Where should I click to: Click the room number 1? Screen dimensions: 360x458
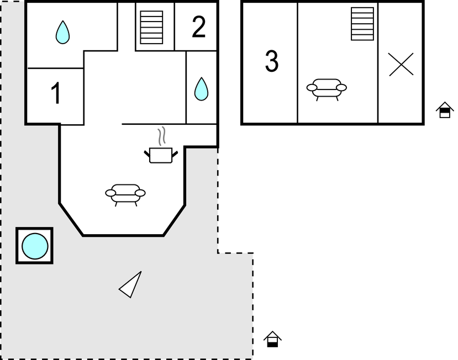[x=56, y=94]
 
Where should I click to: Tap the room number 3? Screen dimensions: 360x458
[x=271, y=62]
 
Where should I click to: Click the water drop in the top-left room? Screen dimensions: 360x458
[x=63, y=33]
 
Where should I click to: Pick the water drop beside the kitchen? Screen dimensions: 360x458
[x=202, y=89]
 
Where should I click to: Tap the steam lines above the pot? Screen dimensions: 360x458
[x=161, y=136]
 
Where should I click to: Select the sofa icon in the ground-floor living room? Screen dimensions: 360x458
[x=125, y=193]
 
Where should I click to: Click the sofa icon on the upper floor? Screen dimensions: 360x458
[x=327, y=88]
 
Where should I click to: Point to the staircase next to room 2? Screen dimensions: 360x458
[x=151, y=27]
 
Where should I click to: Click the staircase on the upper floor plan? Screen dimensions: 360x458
[x=362, y=24]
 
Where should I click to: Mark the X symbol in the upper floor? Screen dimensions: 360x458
[x=401, y=64]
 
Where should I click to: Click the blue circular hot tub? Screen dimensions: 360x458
[x=34, y=246]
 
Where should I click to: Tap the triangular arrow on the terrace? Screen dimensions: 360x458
[x=131, y=285]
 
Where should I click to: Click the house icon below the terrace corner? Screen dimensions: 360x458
[x=272, y=339]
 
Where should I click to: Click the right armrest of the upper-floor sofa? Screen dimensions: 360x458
[x=341, y=87]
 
